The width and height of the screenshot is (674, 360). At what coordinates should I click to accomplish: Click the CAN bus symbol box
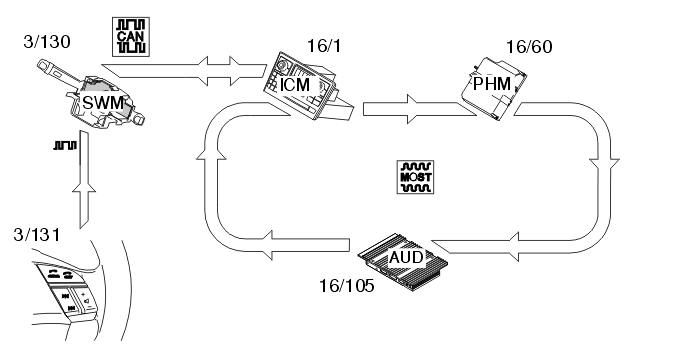131,37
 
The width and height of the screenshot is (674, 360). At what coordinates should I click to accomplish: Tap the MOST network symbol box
415,177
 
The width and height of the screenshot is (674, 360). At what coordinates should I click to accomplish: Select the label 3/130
47,42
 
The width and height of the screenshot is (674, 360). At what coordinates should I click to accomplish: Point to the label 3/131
37,235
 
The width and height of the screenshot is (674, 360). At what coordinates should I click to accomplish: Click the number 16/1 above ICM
324,46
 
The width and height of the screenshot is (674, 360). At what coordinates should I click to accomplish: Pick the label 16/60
529,47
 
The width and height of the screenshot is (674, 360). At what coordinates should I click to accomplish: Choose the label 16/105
346,286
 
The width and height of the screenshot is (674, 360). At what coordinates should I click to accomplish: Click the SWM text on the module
103,104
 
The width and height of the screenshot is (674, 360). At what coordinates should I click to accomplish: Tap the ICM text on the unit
294,85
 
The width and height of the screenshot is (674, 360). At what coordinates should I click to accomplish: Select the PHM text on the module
492,84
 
